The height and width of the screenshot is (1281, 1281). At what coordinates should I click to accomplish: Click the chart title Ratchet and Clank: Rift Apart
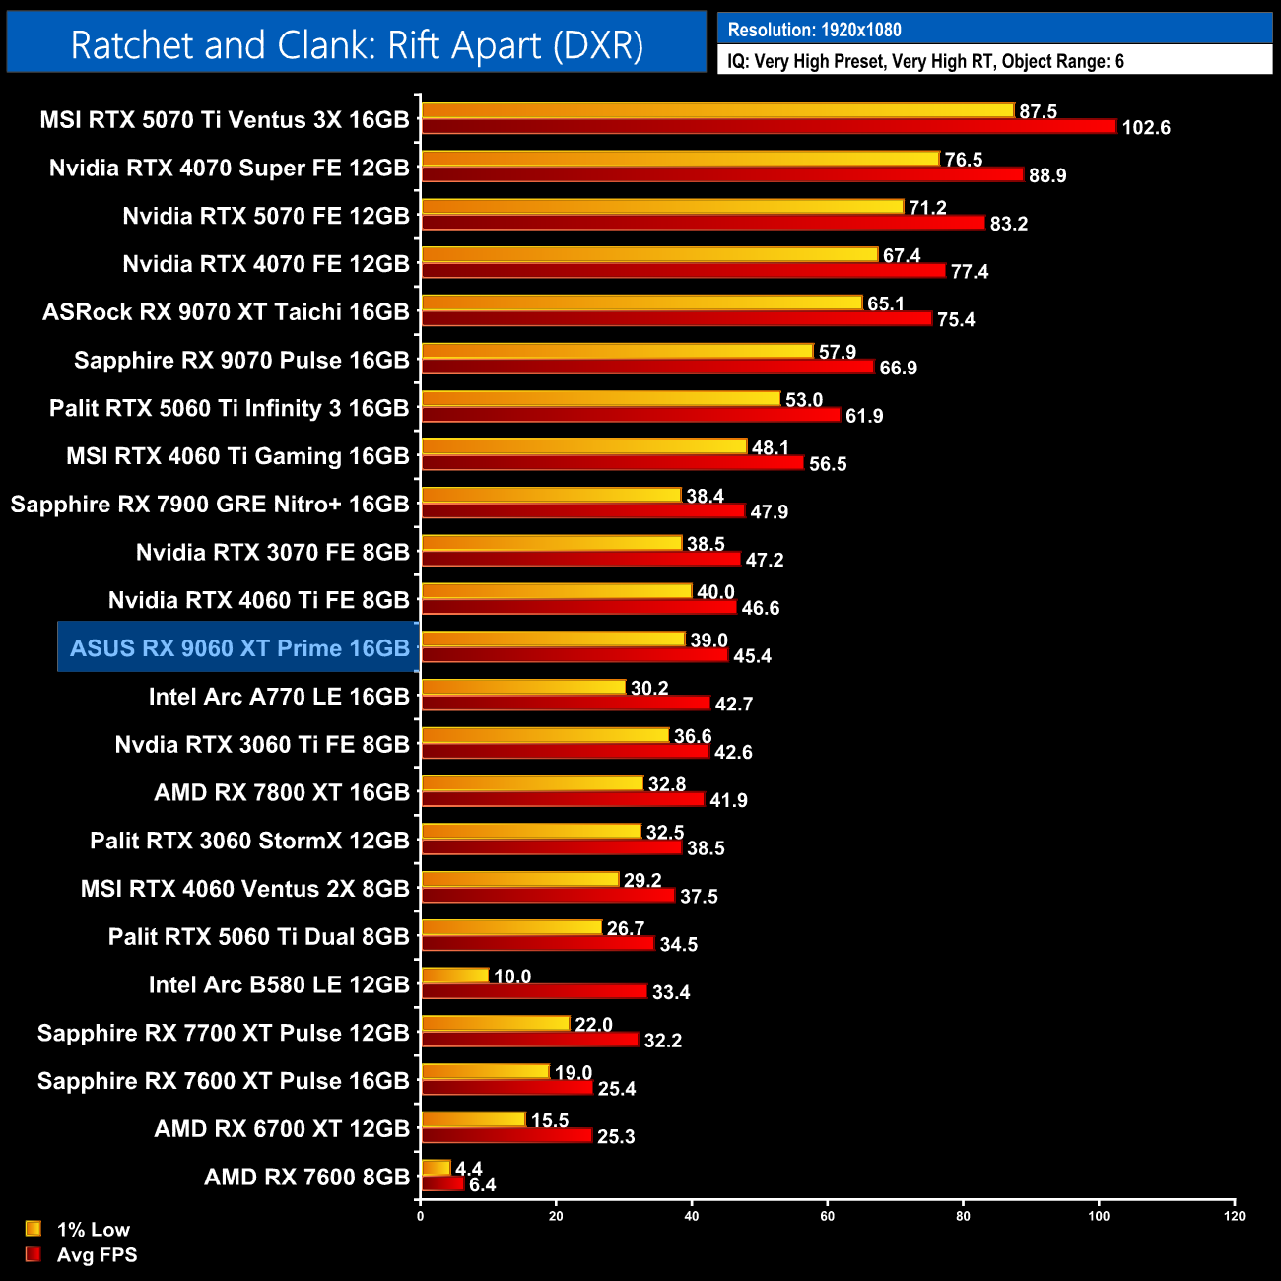[357, 45]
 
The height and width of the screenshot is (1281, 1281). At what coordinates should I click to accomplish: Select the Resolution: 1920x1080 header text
[814, 30]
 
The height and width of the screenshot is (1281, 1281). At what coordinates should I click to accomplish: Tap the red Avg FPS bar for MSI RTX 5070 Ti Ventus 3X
[768, 127]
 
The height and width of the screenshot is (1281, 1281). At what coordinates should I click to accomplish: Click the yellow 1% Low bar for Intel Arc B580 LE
[455, 976]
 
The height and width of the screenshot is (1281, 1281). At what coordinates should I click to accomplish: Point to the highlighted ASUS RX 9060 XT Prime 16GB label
[239, 648]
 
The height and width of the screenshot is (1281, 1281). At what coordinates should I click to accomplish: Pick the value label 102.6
[1145, 128]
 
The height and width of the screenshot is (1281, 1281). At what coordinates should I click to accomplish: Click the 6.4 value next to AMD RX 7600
[483, 1185]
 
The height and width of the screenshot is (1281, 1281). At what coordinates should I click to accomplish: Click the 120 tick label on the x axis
[1234, 1216]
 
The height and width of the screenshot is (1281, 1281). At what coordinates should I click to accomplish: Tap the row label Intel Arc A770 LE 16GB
[279, 697]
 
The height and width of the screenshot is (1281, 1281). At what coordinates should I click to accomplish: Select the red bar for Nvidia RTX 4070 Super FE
[722, 174]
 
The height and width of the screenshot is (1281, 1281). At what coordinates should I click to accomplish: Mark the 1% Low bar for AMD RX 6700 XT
[474, 1120]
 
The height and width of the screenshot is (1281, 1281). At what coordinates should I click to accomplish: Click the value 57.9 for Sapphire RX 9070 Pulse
[837, 352]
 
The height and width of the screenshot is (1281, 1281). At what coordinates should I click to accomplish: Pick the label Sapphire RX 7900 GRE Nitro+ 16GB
[210, 505]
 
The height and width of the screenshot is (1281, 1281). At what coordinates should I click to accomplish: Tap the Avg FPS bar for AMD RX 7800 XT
[563, 800]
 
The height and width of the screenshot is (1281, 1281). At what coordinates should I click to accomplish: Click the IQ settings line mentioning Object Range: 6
[925, 61]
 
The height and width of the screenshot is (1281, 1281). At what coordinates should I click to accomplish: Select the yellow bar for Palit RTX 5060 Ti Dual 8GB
[511, 928]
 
